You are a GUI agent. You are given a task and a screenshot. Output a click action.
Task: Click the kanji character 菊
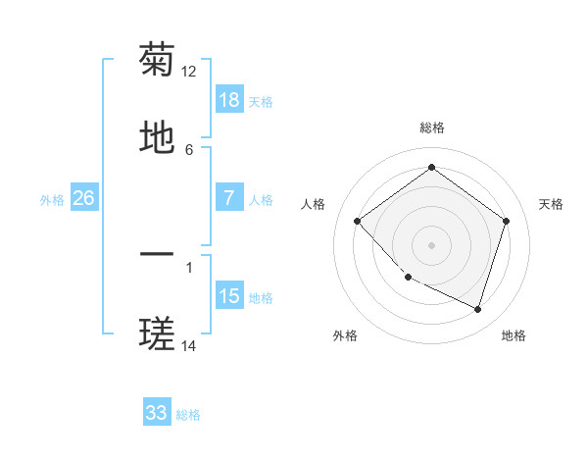157,61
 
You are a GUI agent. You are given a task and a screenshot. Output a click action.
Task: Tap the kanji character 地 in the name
157,137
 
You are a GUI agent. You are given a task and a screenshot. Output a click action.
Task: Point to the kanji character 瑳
157,334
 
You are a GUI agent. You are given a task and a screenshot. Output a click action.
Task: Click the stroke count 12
189,72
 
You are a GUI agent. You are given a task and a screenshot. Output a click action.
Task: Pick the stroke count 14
189,345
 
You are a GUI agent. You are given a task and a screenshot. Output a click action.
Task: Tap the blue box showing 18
229,100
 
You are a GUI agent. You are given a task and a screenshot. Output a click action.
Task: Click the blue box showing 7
229,198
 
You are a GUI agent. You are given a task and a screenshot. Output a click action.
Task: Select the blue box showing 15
229,296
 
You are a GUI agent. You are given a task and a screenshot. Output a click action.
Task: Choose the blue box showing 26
83,198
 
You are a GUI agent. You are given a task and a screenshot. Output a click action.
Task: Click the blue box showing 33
157,413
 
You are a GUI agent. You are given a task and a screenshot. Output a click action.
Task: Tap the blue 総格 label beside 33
188,415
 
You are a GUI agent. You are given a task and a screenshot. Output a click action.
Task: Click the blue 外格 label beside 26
52,199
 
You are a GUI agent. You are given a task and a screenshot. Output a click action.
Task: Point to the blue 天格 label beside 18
261,102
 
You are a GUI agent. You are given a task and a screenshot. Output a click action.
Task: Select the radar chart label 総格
431,128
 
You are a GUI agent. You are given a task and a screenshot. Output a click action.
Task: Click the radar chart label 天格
551,204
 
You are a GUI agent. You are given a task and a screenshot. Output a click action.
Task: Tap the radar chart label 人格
314,204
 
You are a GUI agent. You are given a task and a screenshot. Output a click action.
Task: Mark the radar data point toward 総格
431,167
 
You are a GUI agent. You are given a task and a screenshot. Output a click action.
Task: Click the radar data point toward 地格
477,309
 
